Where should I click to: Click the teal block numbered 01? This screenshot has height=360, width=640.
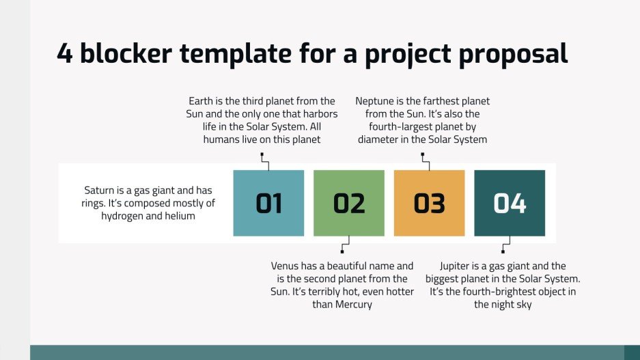click(268, 203)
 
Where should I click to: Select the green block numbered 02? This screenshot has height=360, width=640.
click(349, 203)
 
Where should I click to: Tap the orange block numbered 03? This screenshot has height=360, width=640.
click(429, 203)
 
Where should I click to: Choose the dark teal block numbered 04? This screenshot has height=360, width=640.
click(510, 203)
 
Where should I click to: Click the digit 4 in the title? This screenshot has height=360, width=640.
click(65, 53)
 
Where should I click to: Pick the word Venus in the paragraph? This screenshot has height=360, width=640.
click(285, 266)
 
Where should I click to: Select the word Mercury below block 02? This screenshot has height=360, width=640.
click(353, 305)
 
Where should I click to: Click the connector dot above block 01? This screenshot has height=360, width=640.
click(262, 155)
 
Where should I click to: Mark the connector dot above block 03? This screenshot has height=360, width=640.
click(422, 155)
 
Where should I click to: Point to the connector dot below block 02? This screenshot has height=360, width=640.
click(342, 251)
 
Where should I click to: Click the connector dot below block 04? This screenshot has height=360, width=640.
click(503, 251)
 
